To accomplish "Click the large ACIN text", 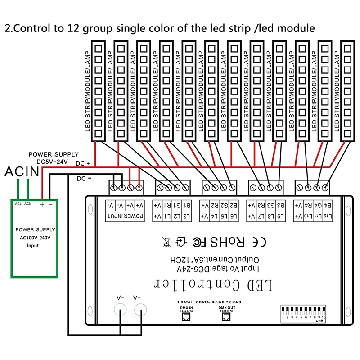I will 21,171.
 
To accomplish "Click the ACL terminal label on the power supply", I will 18,204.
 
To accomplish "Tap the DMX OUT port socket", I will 227,316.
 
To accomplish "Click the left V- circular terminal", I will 120,310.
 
